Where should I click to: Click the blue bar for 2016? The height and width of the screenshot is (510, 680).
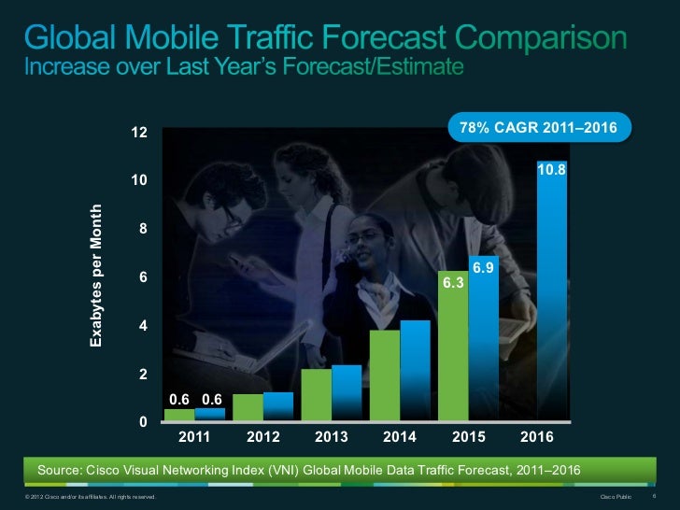pos(551,299)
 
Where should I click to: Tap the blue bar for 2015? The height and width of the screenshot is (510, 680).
pos(483,346)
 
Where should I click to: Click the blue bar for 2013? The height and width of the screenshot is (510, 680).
pos(347,392)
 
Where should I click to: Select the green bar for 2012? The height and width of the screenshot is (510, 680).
pos(248,407)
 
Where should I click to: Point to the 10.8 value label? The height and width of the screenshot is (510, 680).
pos(551,171)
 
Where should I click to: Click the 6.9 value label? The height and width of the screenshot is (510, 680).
pos(483,268)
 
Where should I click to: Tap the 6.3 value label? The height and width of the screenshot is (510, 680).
pos(453,279)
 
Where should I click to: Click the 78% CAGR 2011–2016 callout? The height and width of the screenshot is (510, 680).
pos(540,127)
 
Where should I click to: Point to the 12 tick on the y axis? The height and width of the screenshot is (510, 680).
pos(138,133)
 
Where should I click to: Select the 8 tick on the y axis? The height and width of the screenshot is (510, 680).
pos(142,229)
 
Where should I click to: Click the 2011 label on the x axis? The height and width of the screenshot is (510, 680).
pos(194,437)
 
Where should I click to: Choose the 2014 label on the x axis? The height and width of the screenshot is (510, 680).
pos(400,437)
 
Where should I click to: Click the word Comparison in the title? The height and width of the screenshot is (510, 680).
pos(539,39)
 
